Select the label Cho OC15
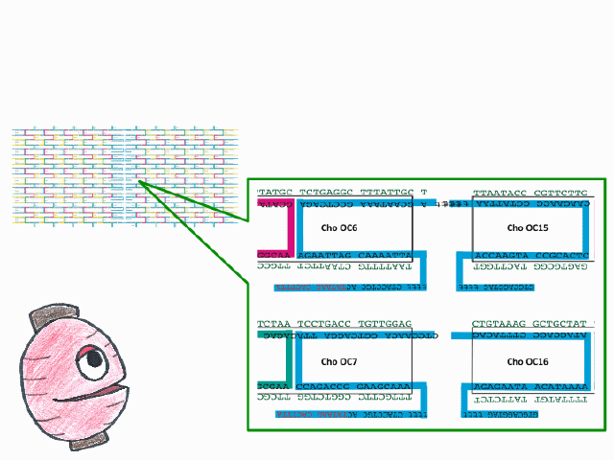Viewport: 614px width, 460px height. tap(528, 228)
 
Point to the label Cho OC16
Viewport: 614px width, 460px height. tap(528, 361)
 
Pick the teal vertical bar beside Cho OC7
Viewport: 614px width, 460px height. tap(289, 363)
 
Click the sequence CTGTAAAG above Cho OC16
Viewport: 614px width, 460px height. tap(496, 324)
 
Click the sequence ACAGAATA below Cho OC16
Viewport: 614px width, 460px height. tap(497, 385)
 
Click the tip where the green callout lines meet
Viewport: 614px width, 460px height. tap(140, 182)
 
